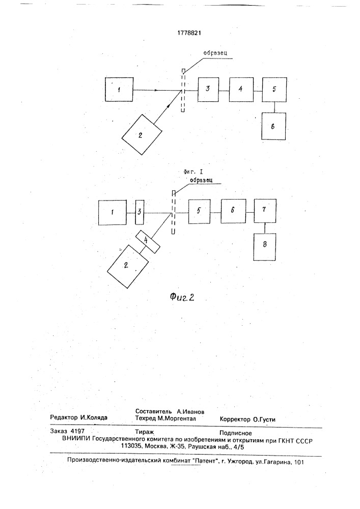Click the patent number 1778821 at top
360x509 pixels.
pyautogui.click(x=189, y=33)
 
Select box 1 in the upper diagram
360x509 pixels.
pyautogui.click(x=119, y=89)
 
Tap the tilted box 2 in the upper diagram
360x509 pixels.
pyautogui.click(x=142, y=134)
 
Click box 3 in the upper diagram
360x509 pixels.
pyautogui.click(x=208, y=89)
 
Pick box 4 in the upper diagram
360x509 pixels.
pyautogui.click(x=241, y=89)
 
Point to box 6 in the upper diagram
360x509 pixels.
pyautogui.click(x=273, y=126)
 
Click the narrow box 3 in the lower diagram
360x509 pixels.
pyautogui.click(x=140, y=212)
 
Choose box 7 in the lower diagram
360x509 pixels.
pyautogui.click(x=265, y=211)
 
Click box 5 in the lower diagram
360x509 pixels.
pyautogui.click(x=199, y=212)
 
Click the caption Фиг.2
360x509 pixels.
pyautogui.click(x=182, y=297)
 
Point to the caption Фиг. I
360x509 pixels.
pyautogui.click(x=193, y=173)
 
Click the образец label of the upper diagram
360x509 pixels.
pyautogui.click(x=215, y=53)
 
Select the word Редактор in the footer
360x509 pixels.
pyautogui.click(x=64, y=418)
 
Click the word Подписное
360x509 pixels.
pyautogui.click(x=236, y=433)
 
